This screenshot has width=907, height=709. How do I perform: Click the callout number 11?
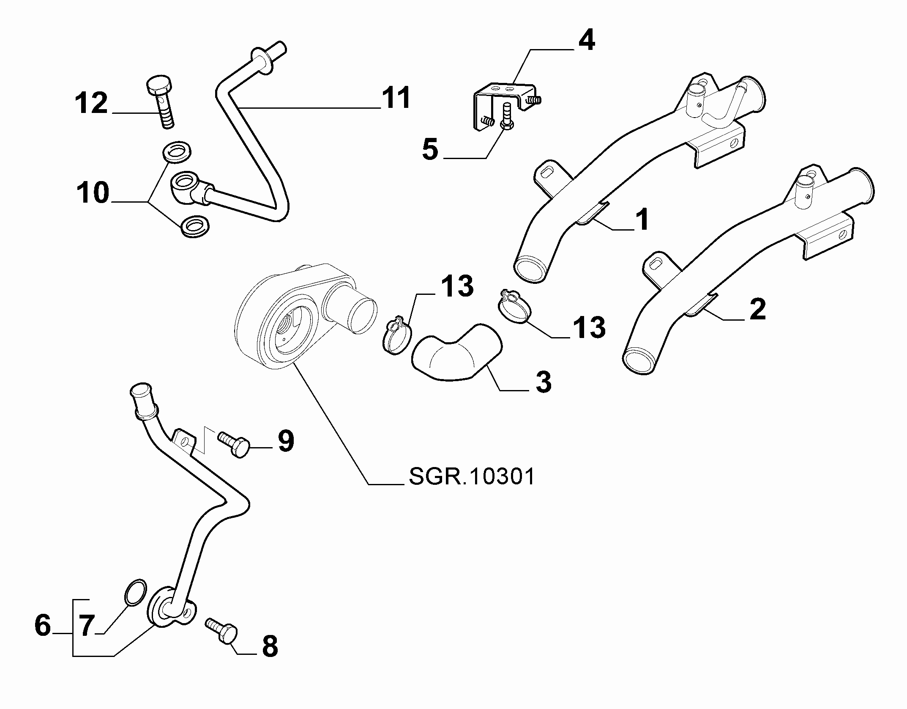[x=396, y=98]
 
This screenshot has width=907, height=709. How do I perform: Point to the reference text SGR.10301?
[x=472, y=477]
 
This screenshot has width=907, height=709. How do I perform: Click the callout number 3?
[x=543, y=382]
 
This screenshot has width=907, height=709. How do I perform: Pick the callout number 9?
[x=286, y=442]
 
